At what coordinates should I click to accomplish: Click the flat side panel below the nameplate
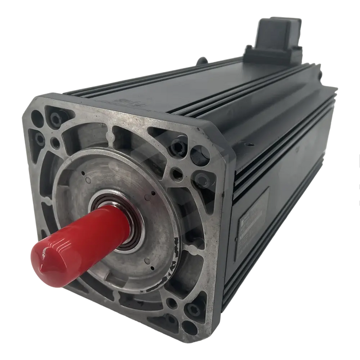click(257, 273)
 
